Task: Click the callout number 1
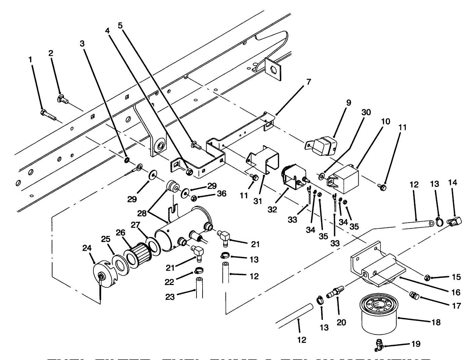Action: pyautogui.click(x=30, y=60)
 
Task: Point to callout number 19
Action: pyautogui.click(x=415, y=344)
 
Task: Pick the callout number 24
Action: pyautogui.click(x=87, y=248)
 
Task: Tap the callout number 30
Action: pyautogui.click(x=366, y=112)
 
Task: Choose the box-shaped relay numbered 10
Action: pyautogui.click(x=344, y=177)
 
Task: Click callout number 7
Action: pyautogui.click(x=309, y=82)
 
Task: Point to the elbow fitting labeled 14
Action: pyautogui.click(x=455, y=221)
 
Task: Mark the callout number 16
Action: pyautogui.click(x=456, y=292)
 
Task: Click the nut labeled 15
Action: pyautogui.click(x=427, y=277)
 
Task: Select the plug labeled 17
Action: pyautogui.click(x=413, y=295)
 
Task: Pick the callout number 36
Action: pyautogui.click(x=222, y=194)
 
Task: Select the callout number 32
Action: pyautogui.click(x=272, y=209)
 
